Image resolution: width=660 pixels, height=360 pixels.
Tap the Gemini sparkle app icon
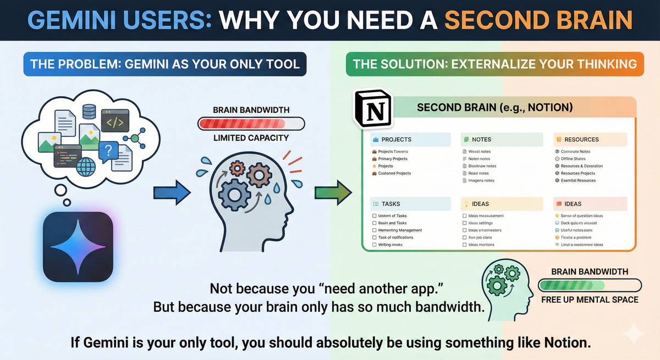coord(78,246)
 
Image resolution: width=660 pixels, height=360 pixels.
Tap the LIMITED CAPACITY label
coord(251,138)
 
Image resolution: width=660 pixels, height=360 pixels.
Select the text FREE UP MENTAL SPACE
coord(590,300)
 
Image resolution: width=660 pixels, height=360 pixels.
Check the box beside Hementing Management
coord(374,230)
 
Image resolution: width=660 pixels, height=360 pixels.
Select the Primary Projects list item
coord(392,159)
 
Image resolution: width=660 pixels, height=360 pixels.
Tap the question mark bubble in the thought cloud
coord(108,149)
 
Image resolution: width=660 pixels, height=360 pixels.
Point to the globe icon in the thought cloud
coord(86,165)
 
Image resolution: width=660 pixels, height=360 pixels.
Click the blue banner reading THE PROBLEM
coord(165,64)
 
